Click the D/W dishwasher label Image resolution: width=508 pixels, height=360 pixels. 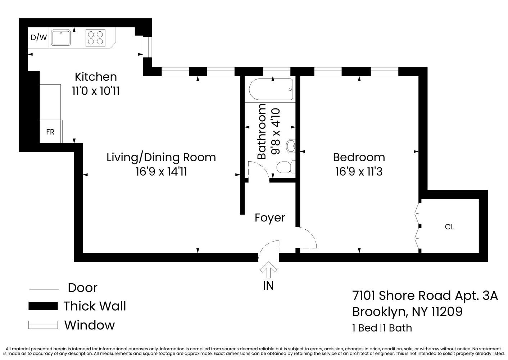pos(38,37)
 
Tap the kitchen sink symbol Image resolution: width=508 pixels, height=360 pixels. pos(60,37)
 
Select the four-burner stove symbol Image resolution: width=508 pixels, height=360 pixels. pos(96,38)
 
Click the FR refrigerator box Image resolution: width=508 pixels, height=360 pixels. pos(50,132)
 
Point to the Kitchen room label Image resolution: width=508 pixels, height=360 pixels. pos(96,77)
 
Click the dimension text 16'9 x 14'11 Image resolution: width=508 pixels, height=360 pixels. pos(161,172)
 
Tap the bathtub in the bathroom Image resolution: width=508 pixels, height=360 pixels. pos(271,90)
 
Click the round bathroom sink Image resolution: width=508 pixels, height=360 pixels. pos(291,146)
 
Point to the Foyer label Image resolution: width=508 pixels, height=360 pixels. pos(270,218)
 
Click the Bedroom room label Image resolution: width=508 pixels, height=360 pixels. pos(359,157)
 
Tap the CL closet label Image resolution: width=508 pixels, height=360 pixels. pos(449,227)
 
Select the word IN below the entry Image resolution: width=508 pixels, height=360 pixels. pos(268,285)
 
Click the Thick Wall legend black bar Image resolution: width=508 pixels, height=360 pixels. pos(43,306)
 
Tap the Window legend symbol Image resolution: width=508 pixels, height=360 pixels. pos(43,325)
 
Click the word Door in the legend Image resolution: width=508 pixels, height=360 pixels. pos(82,288)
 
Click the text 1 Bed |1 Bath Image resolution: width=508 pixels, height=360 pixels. pos(382,328)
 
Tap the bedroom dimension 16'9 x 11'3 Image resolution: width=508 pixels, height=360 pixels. pos(359,172)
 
